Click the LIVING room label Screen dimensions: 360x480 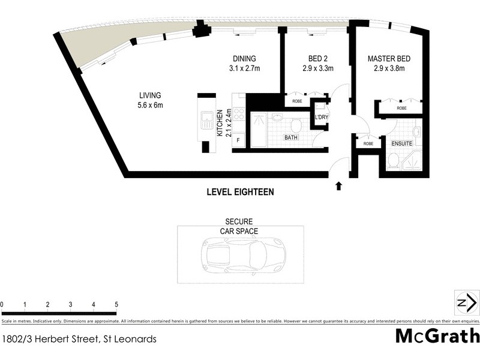151,95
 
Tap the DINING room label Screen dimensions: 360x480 244,59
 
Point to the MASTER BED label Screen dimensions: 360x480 389,59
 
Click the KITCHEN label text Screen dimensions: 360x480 220,123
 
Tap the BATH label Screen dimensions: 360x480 291,137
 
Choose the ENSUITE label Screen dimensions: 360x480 401,144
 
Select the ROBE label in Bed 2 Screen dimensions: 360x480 297,101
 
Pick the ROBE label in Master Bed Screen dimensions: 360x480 401,109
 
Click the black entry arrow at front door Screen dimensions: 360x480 338,185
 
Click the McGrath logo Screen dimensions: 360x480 437,336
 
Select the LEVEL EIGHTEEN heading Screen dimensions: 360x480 240,193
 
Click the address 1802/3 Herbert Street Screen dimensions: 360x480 79,339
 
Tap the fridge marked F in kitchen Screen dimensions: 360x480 238,140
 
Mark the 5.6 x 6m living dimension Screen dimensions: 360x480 151,105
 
